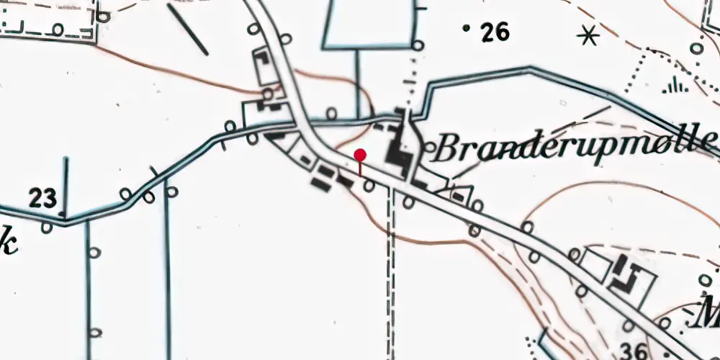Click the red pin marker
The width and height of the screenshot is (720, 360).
pyautogui.click(x=360, y=155)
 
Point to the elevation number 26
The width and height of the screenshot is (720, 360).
pyautogui.click(x=495, y=32)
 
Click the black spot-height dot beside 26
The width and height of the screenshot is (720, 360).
pyautogui.click(x=467, y=28)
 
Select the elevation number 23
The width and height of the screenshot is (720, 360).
pyautogui.click(x=43, y=198)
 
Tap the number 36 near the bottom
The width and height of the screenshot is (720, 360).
pyautogui.click(x=633, y=351)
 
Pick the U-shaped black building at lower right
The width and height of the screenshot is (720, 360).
pyautogui.click(x=628, y=276)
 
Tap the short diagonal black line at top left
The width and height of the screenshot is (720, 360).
pyautogui.click(x=189, y=30)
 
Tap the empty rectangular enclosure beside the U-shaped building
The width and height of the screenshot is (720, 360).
pyautogui.click(x=595, y=264)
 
